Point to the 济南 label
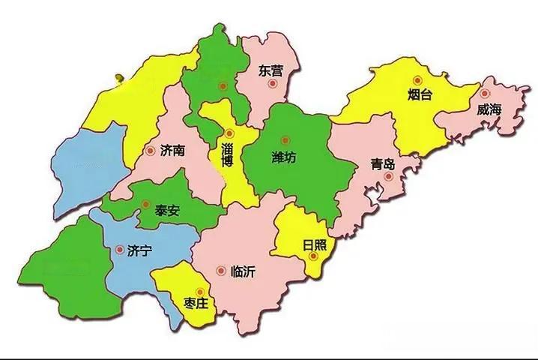[173, 150]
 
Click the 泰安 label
[168, 210]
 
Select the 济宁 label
[140, 250]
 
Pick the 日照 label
[314, 244]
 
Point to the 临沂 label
[243, 271]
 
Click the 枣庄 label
[199, 304]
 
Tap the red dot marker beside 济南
[151, 150]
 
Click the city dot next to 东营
[273, 84]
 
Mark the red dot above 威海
[485, 94]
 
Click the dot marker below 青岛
[388, 177]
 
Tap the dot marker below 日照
[315, 256]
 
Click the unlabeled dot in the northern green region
[222, 86]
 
